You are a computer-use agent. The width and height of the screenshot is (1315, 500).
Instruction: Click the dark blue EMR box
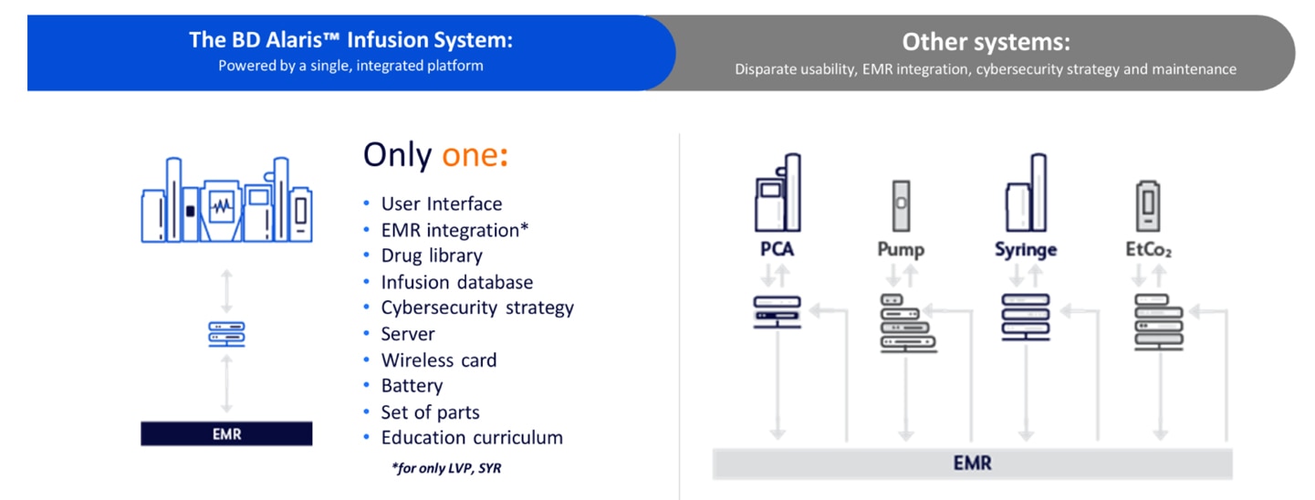point(226,433)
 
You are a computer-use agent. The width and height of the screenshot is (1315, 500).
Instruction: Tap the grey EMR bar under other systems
point(972,464)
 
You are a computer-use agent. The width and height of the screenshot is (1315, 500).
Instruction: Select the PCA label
point(778,249)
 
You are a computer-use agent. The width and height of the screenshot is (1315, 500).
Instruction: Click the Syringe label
point(1026,250)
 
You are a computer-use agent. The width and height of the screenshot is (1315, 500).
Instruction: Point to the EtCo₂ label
point(1148,250)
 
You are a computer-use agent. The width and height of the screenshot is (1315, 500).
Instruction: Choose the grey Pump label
point(901,250)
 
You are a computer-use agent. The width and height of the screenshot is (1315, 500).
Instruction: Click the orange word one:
point(475,155)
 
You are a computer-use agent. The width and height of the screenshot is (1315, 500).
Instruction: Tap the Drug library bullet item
point(432,255)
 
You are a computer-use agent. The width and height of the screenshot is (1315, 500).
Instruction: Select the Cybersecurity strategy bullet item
point(477,308)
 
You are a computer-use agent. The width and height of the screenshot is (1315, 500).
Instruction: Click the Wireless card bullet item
point(439,359)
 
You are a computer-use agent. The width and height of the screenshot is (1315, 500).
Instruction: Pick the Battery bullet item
point(412,386)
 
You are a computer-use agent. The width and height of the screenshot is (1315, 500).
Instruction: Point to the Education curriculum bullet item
point(472,438)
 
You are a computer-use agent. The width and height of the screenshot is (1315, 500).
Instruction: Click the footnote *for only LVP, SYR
point(447,468)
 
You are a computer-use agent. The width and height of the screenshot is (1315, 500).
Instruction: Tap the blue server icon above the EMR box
point(226,334)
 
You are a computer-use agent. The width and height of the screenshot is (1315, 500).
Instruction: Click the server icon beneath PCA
point(778,312)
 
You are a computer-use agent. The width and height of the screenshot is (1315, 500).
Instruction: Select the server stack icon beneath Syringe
point(1026,317)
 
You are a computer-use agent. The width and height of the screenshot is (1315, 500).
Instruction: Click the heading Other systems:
point(986,42)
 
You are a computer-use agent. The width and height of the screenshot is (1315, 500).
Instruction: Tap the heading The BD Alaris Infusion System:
point(351,40)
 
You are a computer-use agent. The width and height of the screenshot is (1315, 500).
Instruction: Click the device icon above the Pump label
point(901,206)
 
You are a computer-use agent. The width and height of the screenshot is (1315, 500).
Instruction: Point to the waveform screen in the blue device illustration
point(222,206)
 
